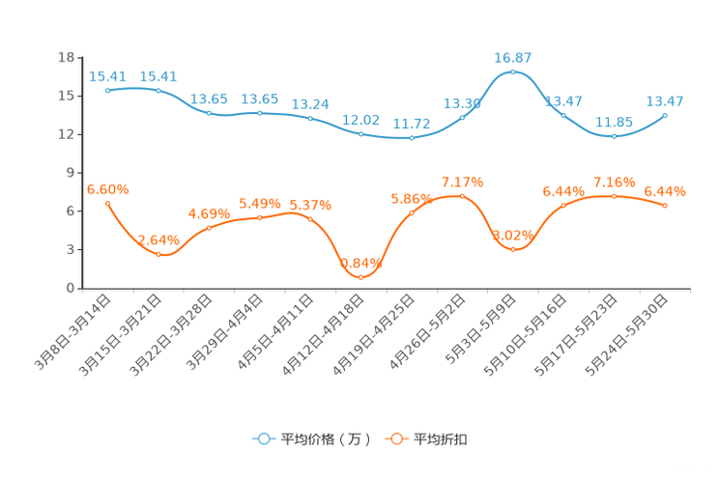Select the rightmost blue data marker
click(666, 115)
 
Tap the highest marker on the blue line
click(513, 72)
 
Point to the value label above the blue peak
click(513, 58)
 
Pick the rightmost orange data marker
click(666, 205)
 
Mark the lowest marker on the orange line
click(361, 277)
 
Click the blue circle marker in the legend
click(263, 438)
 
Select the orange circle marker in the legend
click(395, 438)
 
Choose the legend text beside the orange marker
click(441, 439)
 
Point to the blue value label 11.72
click(412, 125)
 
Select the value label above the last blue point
click(666, 100)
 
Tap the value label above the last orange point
click(666, 191)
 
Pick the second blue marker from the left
click(158, 90)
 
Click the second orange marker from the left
click(158, 253)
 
